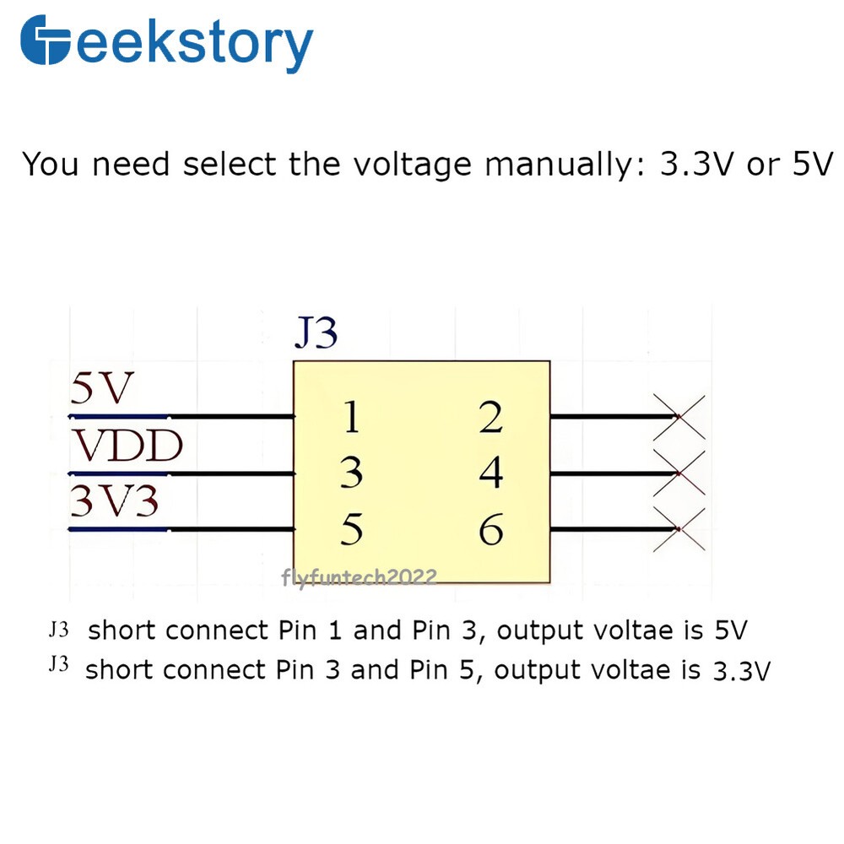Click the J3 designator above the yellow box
[x=316, y=334]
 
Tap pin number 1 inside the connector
[x=351, y=418]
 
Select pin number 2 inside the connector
[x=490, y=418]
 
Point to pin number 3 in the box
[x=351, y=473]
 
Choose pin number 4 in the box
[x=490, y=473]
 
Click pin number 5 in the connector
[x=351, y=530]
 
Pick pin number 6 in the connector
[x=490, y=530]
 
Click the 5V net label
[x=102, y=390]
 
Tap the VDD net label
[x=127, y=446]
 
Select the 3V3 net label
[x=115, y=503]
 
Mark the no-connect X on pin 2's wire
[x=679, y=417]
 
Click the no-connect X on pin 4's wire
[x=679, y=473]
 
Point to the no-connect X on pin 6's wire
[x=679, y=529]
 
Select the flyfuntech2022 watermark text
[x=359, y=577]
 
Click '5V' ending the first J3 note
[x=730, y=630]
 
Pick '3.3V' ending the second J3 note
[x=742, y=671]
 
